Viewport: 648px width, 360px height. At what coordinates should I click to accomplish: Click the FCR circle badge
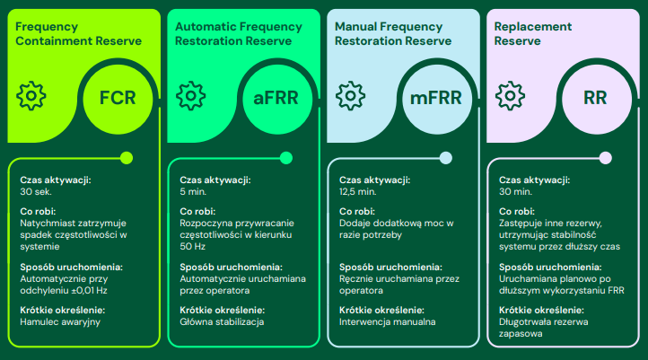(x=117, y=97)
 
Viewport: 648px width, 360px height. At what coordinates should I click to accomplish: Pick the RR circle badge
(x=595, y=97)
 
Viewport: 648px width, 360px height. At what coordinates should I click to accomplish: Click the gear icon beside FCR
(x=31, y=94)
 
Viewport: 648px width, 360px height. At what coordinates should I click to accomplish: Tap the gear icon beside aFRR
(x=190, y=94)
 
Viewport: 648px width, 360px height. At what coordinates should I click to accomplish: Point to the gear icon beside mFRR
(x=350, y=94)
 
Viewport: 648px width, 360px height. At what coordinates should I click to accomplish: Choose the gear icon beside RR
(x=509, y=94)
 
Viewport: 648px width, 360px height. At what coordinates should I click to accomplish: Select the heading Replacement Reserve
(x=533, y=33)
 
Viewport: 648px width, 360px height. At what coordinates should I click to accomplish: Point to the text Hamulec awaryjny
(x=59, y=321)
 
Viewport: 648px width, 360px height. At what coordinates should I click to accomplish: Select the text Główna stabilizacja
(x=223, y=321)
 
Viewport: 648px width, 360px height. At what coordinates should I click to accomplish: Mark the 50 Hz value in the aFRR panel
(x=192, y=246)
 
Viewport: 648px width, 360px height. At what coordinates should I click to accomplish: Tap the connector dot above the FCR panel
(x=127, y=158)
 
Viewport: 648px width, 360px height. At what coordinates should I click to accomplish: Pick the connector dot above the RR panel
(x=606, y=158)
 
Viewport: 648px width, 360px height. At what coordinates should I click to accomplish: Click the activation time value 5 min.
(x=195, y=191)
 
